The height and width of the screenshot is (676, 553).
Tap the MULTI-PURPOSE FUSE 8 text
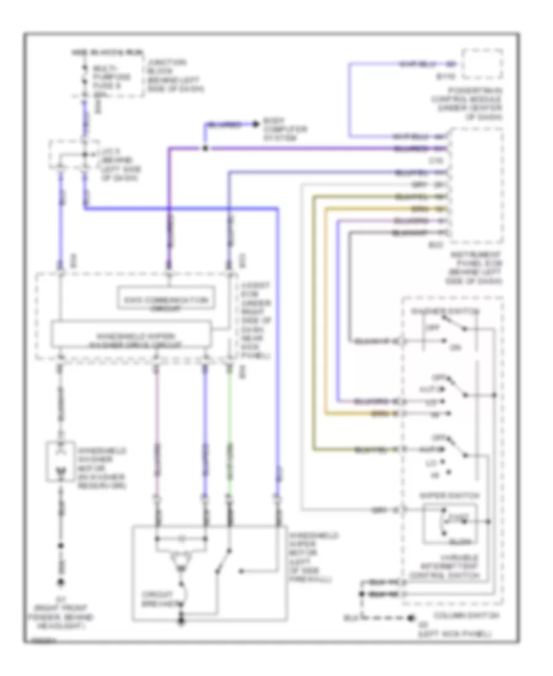pyautogui.click(x=111, y=81)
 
